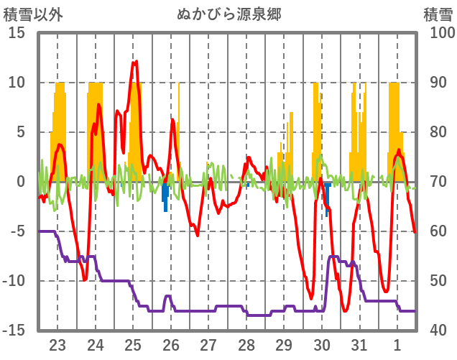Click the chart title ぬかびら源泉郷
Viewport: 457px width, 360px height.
click(229, 14)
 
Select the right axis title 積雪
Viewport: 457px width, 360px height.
click(437, 14)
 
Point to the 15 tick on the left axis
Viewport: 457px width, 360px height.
click(17, 33)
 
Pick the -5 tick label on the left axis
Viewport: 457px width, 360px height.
click(17, 231)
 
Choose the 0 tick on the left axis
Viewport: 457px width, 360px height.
click(20, 182)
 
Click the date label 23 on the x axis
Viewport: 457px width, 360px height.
click(57, 344)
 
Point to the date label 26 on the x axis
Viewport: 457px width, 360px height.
click(171, 344)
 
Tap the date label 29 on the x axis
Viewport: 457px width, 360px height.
click(284, 344)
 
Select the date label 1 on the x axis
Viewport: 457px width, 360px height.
click(397, 344)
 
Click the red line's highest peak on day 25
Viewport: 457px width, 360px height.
click(134, 63)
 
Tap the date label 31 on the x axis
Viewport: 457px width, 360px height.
click(359, 344)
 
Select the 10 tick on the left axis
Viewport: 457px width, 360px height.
click(17, 83)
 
